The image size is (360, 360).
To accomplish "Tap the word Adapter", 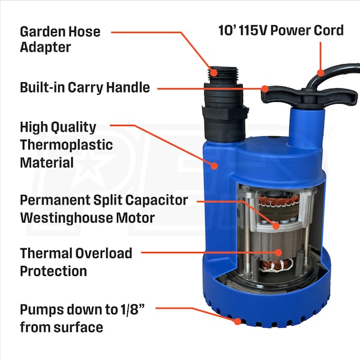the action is [x=46, y=47].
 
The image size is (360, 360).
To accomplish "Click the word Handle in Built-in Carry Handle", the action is [x=128, y=88].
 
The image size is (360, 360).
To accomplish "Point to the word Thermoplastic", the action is [x=67, y=145].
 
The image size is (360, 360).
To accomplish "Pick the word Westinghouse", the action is [x=66, y=218].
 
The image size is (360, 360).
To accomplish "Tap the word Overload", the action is [x=104, y=253].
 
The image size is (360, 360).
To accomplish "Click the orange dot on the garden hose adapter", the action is [x=214, y=73].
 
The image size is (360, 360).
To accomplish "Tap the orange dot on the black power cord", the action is [x=320, y=73].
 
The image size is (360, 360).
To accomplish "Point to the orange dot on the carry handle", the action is [x=265, y=89].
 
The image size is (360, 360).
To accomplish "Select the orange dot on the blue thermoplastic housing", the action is [x=214, y=166].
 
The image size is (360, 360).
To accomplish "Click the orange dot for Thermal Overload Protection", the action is [x=278, y=253].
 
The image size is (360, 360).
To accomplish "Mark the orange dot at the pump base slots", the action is [x=238, y=321].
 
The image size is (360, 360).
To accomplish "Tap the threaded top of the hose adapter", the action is [x=223, y=75].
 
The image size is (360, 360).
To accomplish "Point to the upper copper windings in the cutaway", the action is [x=279, y=200].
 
